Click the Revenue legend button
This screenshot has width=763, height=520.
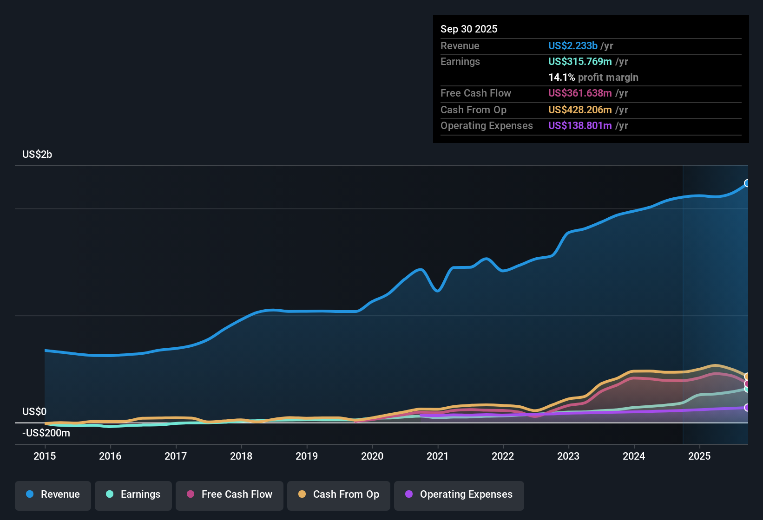(x=53, y=494)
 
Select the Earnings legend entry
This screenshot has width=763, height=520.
(x=133, y=494)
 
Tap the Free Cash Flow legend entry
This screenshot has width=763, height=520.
(x=230, y=494)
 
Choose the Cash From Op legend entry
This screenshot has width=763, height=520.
(x=339, y=494)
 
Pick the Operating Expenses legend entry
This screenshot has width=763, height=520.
(x=459, y=494)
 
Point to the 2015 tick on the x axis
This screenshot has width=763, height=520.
(x=45, y=456)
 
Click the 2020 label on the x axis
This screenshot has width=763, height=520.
(x=372, y=456)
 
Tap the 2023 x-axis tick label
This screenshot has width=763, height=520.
(x=568, y=456)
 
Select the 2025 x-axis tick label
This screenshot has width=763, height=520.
(x=699, y=456)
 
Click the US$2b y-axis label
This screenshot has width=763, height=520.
(x=37, y=155)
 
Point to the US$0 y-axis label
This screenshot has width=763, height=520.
(x=34, y=412)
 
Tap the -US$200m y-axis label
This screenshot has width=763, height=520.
(x=46, y=433)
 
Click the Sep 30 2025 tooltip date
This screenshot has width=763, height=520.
(x=469, y=29)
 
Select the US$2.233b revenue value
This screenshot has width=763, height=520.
(x=572, y=46)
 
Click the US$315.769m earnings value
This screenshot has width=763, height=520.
(x=580, y=62)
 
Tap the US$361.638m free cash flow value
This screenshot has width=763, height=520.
(x=580, y=93)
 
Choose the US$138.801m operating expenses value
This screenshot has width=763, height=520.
(x=580, y=126)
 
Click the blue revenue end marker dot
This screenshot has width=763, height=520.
(x=747, y=183)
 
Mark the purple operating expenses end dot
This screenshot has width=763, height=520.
(x=747, y=408)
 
